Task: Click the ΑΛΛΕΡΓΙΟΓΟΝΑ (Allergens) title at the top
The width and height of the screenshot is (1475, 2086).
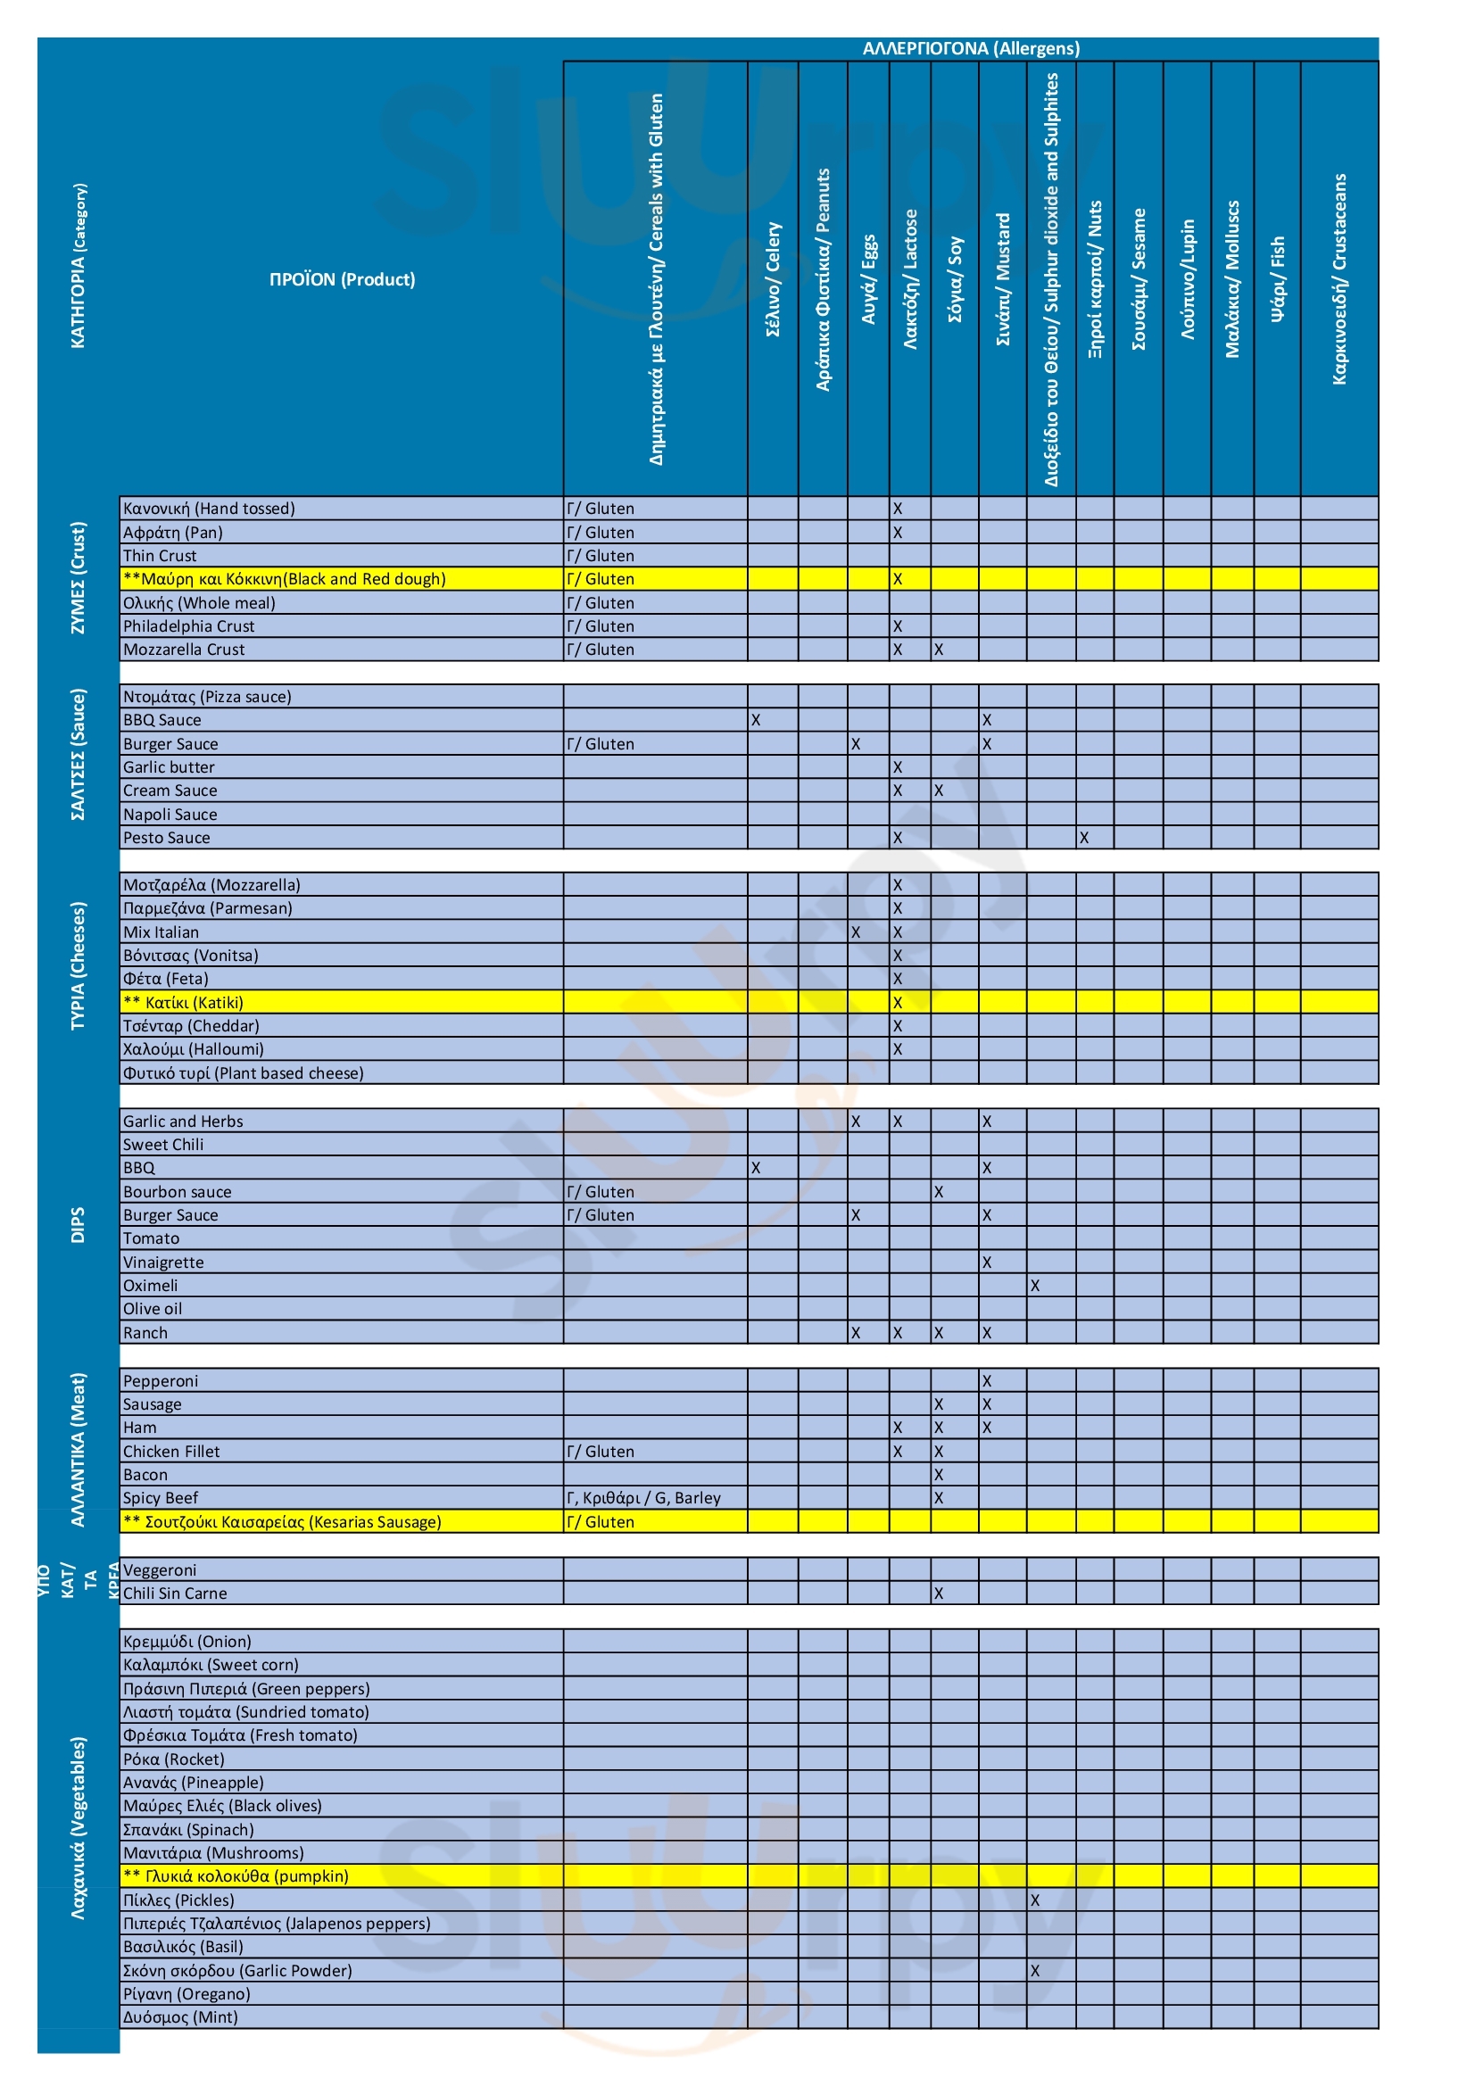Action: click(x=970, y=48)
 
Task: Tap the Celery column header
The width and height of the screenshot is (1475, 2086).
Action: click(x=773, y=279)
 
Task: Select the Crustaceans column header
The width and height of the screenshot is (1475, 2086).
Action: click(x=1338, y=279)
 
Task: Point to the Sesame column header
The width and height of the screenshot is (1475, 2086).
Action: click(x=1138, y=279)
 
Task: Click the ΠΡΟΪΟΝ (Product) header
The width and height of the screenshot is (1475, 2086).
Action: click(x=342, y=279)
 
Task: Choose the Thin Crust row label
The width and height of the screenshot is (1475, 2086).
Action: click(x=160, y=555)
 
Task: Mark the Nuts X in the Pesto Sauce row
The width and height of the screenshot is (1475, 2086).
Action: click(x=1083, y=838)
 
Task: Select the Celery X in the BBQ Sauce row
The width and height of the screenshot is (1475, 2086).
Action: click(x=755, y=719)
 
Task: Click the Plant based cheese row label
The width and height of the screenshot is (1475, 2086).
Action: click(x=243, y=1073)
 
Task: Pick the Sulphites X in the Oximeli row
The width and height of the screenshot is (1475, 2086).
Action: click(x=1034, y=1286)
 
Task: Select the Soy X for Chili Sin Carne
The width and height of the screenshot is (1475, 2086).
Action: click(x=938, y=1593)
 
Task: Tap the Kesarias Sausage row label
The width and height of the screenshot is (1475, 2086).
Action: click(x=282, y=1521)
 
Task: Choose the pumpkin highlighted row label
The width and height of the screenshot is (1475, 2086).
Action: click(x=236, y=1875)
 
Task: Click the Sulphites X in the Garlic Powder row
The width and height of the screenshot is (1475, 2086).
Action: click(x=1034, y=1970)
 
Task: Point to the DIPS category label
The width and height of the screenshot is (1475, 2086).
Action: click(x=79, y=1225)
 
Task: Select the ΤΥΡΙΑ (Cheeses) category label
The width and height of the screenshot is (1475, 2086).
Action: click(x=79, y=965)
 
